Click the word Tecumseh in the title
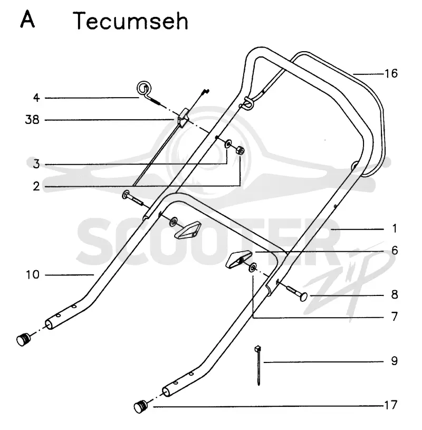pos(131,21)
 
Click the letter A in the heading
pos(27,19)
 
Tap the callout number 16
pos(391,73)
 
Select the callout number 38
pos(32,120)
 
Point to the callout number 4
pos(36,98)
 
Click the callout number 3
pos(36,164)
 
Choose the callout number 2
pos(36,186)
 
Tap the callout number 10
pos(33,274)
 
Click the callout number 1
pos(395,228)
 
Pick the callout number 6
pos(395,251)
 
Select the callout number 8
pos(395,294)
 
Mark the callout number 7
pos(395,317)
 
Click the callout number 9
pos(395,361)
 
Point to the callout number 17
pos(391,405)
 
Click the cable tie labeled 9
pos(258,365)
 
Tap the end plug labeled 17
pos(141,407)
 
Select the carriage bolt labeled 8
pos(296,293)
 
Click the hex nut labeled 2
pos(241,150)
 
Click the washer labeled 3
pos(228,144)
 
